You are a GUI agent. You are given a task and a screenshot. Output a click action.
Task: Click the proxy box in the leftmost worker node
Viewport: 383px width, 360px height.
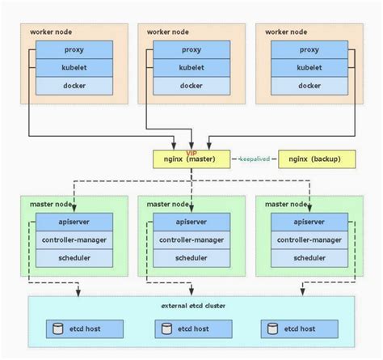74,50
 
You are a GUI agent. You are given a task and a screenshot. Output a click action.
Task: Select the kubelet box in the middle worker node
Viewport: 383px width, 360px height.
191,68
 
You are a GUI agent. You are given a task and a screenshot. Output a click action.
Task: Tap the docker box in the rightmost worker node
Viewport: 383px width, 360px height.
309,86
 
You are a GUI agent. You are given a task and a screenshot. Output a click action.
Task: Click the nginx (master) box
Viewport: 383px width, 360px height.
191,159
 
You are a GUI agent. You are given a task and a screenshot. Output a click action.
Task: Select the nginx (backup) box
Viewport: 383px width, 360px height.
316,159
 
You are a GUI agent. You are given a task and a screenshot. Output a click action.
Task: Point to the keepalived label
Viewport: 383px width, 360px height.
255,159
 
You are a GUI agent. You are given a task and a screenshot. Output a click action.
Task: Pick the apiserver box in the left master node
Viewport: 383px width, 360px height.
74,222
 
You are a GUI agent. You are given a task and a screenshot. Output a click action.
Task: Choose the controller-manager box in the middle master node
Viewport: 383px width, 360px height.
191,239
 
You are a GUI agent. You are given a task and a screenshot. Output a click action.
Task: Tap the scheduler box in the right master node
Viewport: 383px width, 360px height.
309,257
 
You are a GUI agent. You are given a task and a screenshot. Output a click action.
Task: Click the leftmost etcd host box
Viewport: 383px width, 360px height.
83,329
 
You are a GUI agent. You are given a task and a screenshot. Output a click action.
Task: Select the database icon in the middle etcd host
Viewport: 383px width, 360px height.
167,329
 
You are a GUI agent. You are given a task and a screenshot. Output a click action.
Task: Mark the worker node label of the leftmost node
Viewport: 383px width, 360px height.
50,32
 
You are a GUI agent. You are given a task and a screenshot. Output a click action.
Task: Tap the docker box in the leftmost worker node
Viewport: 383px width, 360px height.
74,86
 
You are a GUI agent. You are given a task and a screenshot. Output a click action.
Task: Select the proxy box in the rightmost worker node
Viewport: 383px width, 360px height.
309,50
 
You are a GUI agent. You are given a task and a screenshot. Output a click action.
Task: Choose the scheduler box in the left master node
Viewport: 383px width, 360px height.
74,257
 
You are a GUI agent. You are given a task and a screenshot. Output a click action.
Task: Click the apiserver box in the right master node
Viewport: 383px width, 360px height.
309,222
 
